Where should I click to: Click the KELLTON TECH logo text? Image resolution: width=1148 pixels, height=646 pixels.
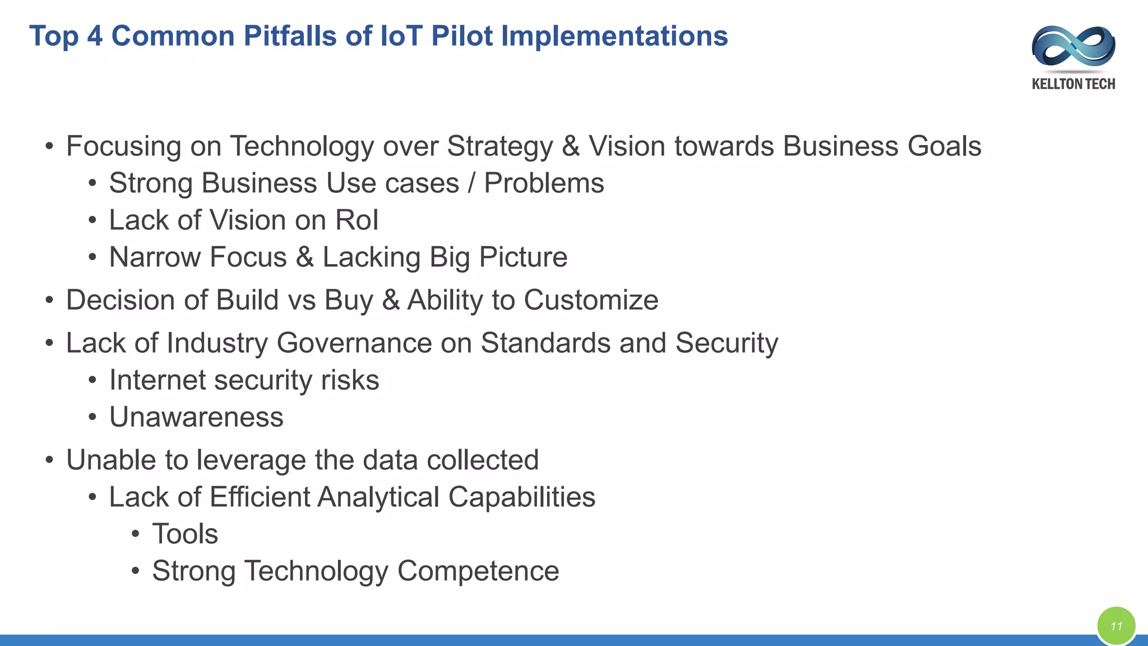pyautogui.click(x=1073, y=84)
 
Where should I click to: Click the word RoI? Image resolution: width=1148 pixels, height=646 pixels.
pyautogui.click(x=357, y=220)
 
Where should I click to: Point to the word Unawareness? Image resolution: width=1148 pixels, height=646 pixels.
pyautogui.click(x=196, y=417)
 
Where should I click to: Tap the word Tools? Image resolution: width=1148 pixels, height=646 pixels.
pyautogui.click(x=185, y=534)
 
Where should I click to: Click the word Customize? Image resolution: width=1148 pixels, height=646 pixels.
pyautogui.click(x=591, y=300)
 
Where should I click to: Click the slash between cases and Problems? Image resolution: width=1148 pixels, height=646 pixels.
pyautogui.click(x=471, y=183)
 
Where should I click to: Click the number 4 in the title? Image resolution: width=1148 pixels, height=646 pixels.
pyautogui.click(x=95, y=36)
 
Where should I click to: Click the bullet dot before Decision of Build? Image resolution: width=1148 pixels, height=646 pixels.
pyautogui.click(x=49, y=301)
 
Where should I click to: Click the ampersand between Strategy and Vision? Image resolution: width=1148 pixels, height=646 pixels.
pyautogui.click(x=571, y=146)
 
